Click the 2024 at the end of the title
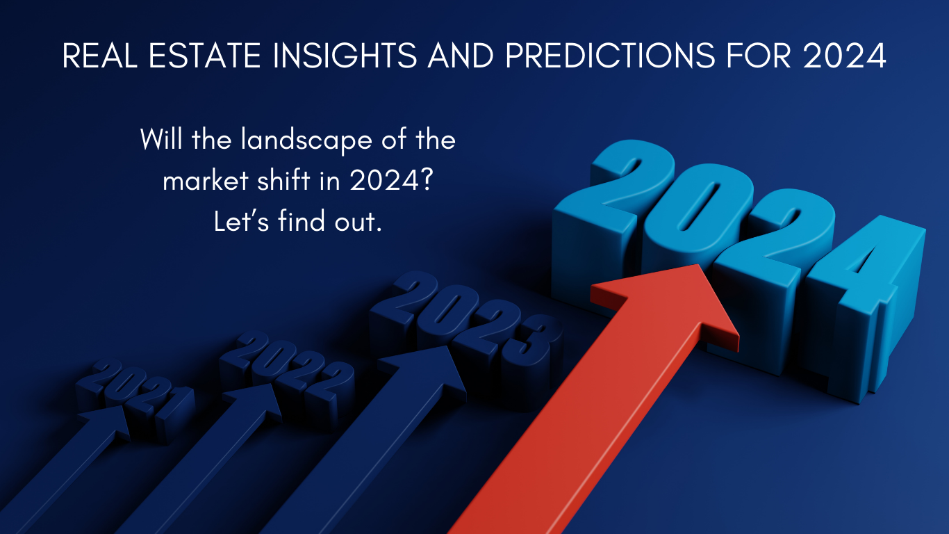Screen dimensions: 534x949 click(x=844, y=56)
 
